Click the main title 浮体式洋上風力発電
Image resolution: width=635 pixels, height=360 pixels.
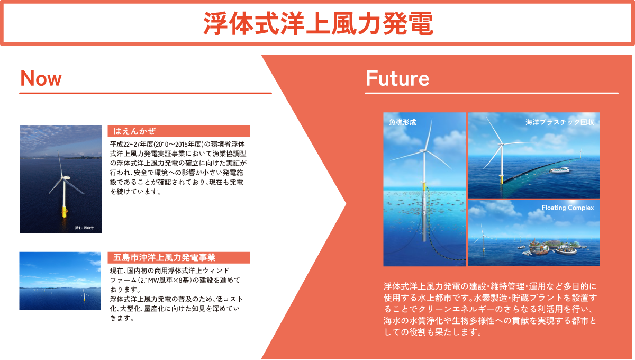pos(318,24)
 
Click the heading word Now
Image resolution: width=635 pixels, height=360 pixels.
pos(41,78)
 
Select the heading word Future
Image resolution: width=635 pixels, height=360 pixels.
pos(397,78)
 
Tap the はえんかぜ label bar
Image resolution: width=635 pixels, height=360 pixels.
pos(179,131)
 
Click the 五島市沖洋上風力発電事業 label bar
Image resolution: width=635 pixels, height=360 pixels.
pos(179,258)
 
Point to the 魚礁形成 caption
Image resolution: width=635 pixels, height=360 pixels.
pos(403,122)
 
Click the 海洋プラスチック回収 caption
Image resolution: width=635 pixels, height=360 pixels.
pos(560,122)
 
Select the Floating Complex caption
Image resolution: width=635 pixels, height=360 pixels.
pos(567,208)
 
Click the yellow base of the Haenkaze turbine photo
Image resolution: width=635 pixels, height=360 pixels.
pos(65,212)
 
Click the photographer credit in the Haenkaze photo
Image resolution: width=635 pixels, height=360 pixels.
pos(86,228)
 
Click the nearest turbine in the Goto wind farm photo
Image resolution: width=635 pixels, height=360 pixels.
pos(84,295)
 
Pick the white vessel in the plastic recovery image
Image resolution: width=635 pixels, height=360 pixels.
pos(559,170)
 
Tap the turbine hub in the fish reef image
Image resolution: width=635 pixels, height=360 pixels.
pos(424,151)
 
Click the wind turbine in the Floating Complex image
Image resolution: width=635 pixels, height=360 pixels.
pos(483,238)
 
